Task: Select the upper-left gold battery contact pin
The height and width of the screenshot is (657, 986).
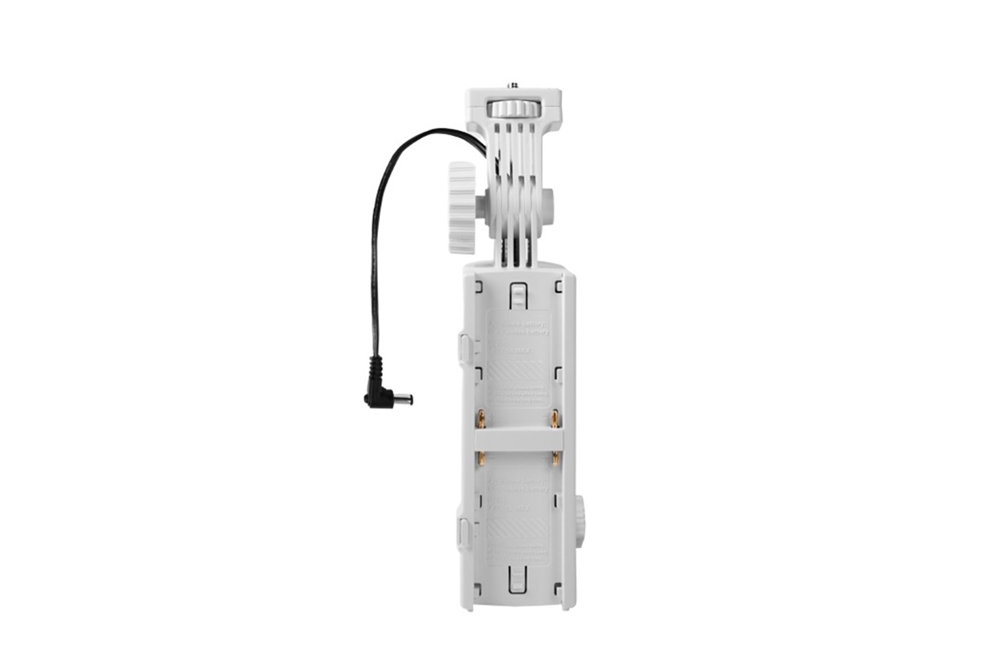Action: [482, 418]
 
